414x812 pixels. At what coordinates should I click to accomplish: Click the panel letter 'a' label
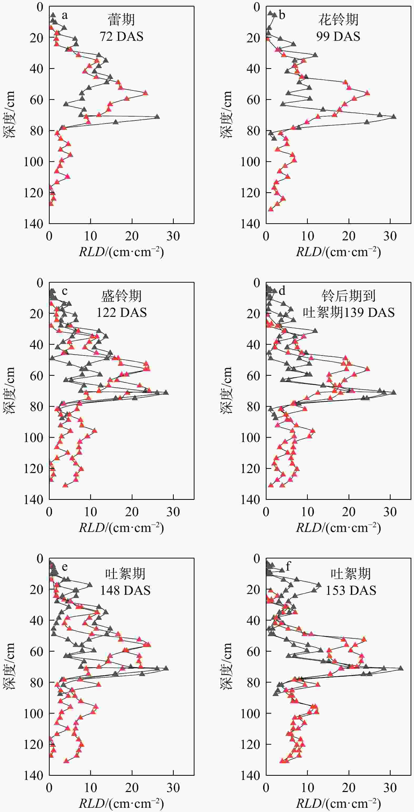(x=65, y=15)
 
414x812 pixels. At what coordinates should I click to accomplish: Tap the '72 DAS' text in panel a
(x=122, y=37)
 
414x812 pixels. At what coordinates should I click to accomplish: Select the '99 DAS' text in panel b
(x=338, y=37)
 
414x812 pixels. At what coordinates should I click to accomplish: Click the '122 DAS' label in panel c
(x=122, y=313)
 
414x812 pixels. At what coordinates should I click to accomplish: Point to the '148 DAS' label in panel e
(x=125, y=590)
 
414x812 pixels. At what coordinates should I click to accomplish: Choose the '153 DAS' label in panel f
(x=351, y=590)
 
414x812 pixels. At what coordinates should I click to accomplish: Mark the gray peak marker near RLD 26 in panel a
(x=157, y=117)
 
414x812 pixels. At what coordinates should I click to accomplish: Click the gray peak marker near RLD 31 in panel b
(x=393, y=117)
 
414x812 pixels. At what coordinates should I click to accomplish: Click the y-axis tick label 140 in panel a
(x=33, y=224)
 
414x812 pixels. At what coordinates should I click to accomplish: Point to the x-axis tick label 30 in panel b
(x=390, y=236)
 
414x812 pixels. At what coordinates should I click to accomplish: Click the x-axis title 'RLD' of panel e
(x=91, y=801)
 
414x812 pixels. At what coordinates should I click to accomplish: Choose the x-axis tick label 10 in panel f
(x=308, y=788)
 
